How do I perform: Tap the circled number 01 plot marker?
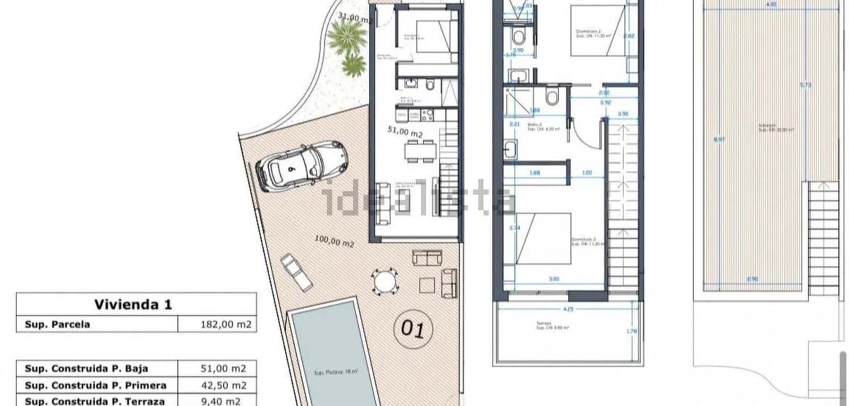pos(413,329)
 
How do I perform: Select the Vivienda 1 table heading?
pos(133,304)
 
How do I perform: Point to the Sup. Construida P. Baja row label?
pos(86,368)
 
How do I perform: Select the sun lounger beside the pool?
pos(297,271)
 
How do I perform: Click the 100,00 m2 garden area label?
pos(334,242)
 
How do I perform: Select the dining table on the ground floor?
pos(421,152)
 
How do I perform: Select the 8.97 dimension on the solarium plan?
pos(719,139)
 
